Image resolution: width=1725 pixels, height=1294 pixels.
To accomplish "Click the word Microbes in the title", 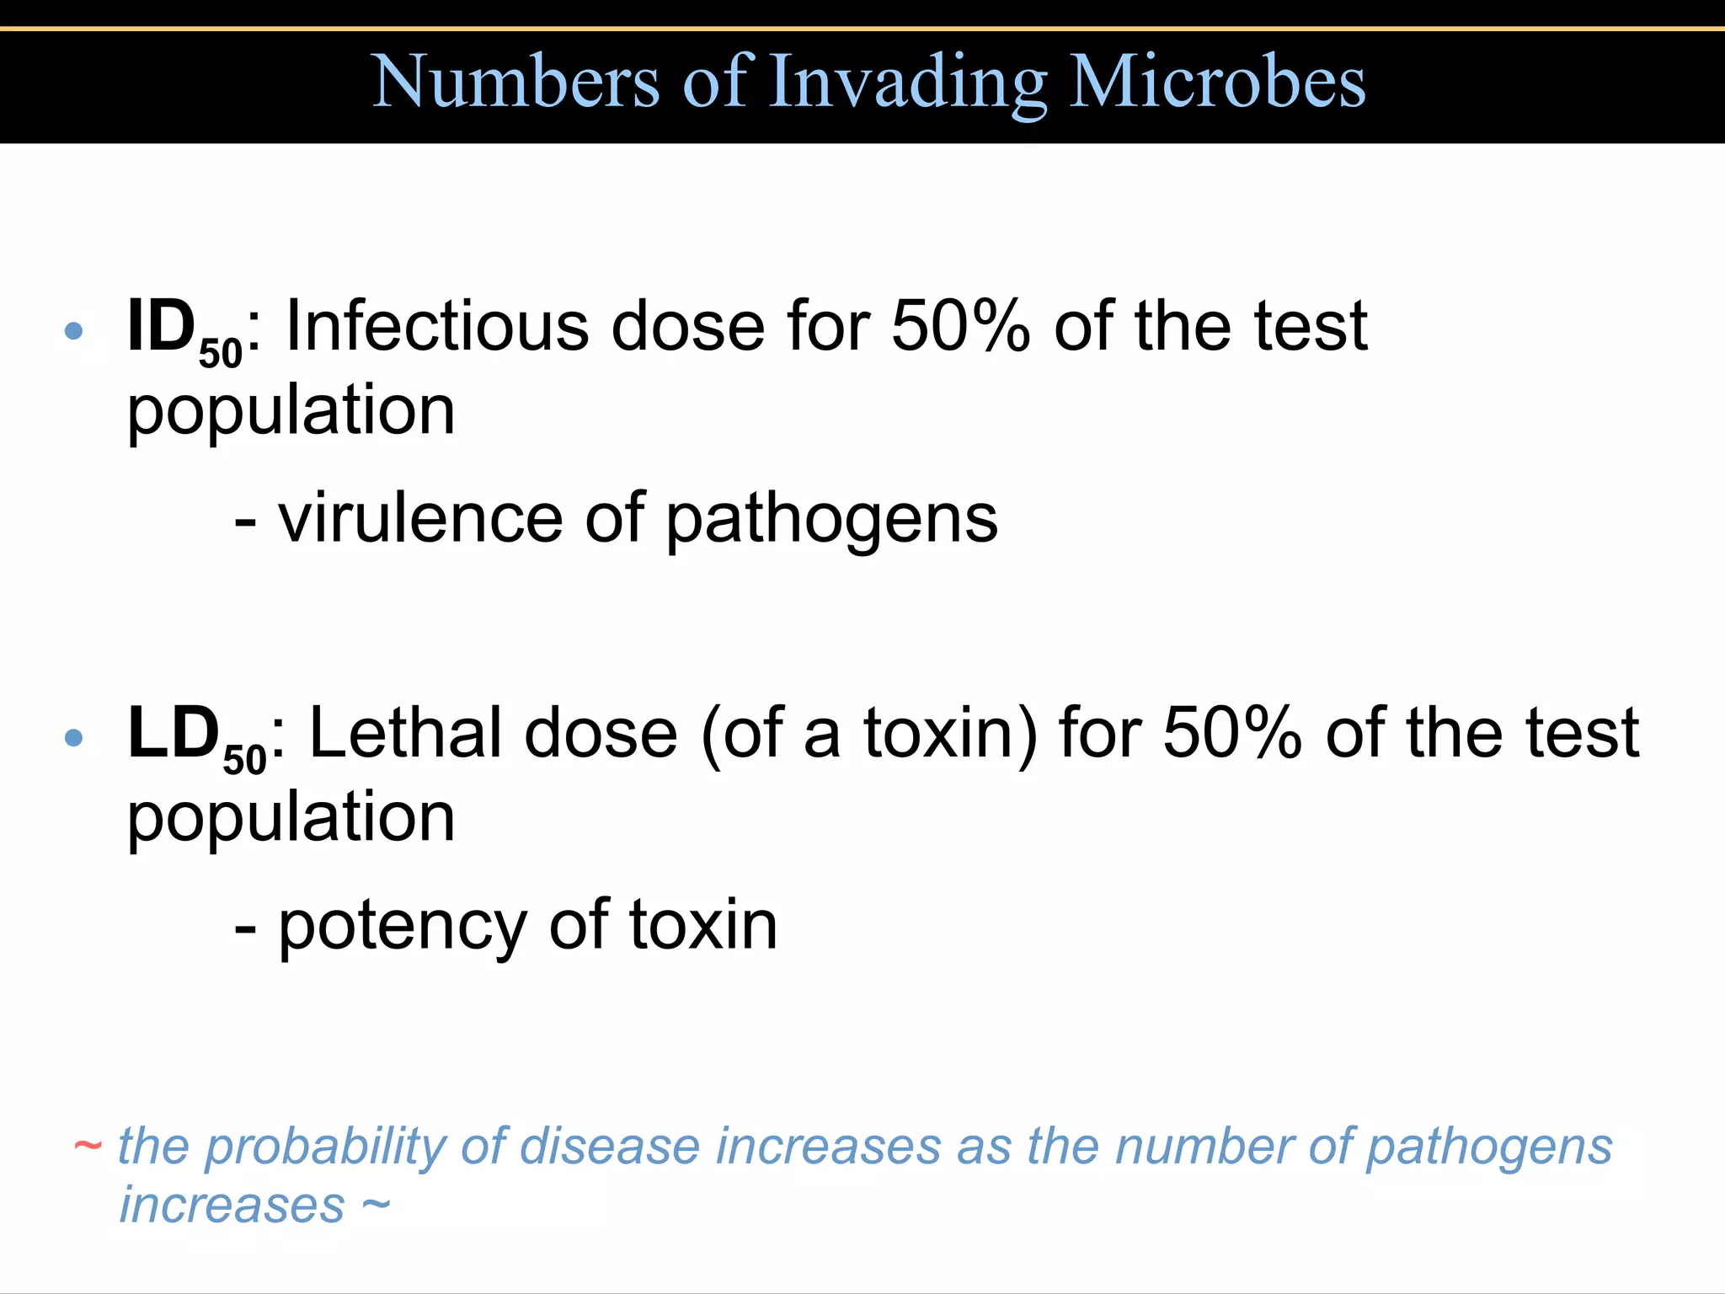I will pyautogui.click(x=1217, y=82).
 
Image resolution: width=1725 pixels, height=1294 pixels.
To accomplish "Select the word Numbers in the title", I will pyautogui.click(x=515, y=82).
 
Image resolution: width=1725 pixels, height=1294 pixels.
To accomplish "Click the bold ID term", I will pyautogui.click(x=161, y=326).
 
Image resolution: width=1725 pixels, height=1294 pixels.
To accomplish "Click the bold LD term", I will pyautogui.click(x=174, y=733).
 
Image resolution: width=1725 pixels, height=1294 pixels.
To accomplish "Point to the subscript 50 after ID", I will pyautogui.click(x=221, y=353).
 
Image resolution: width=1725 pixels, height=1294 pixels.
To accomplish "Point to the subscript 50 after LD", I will pyautogui.click(x=244, y=760).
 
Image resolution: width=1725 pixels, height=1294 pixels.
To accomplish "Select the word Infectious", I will pyautogui.click(x=438, y=326).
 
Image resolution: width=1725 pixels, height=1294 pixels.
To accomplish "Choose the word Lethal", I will pyautogui.click(x=406, y=733).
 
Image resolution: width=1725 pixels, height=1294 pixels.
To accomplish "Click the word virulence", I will pyautogui.click(x=420, y=518).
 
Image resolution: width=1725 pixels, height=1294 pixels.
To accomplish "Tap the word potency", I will pyautogui.click(x=403, y=925).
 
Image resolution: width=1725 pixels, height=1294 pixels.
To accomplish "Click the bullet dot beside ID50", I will pyautogui.click(x=74, y=330).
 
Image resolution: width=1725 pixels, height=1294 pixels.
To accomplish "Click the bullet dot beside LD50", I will pyautogui.click(x=74, y=738).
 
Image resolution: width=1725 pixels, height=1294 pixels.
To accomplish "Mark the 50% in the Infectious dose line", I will pyautogui.click(x=960, y=326).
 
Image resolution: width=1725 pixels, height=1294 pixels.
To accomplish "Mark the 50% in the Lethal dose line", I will pyautogui.click(x=1232, y=733).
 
